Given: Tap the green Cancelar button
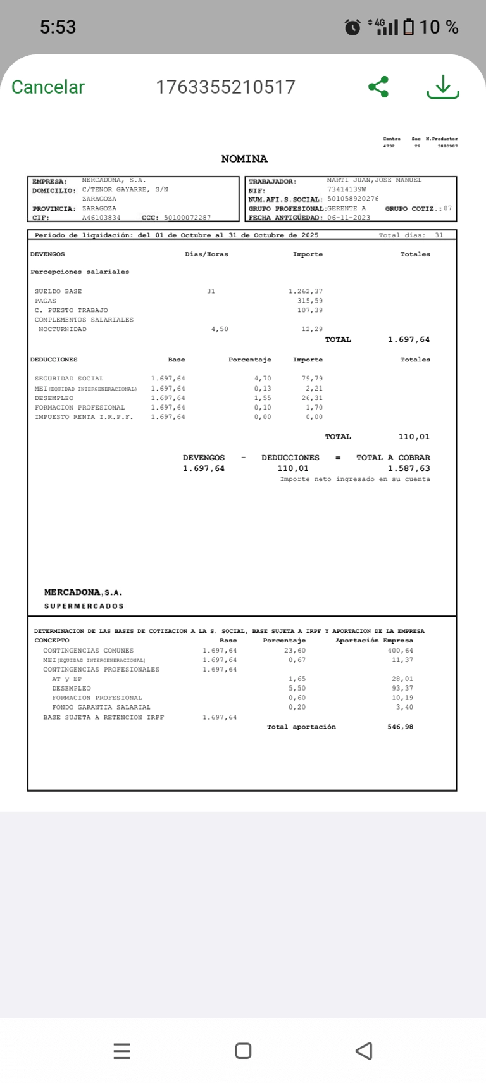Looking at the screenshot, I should [x=48, y=87].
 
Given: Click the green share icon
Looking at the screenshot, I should [x=378, y=87].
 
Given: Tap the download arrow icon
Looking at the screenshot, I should [x=443, y=87].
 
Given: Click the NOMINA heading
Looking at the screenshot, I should [x=244, y=159].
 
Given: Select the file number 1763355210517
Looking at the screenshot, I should [x=225, y=87].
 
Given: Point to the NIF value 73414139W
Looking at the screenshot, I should [x=347, y=189].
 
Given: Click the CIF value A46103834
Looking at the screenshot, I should [x=101, y=218].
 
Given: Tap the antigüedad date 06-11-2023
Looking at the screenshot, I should [x=349, y=218].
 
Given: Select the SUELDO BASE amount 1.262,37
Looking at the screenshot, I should [x=306, y=291].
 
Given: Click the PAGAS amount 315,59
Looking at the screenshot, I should [x=310, y=301].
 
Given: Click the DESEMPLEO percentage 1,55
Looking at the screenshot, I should [x=263, y=398].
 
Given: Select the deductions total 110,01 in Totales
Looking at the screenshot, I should [x=414, y=437].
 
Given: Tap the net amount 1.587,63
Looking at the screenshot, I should [x=409, y=468].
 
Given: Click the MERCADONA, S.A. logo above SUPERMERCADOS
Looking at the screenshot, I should [x=83, y=592].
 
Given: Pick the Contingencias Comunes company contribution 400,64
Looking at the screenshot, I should [x=401, y=650].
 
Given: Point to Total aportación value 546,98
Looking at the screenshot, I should [x=400, y=727].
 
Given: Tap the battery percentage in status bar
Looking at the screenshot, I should [x=439, y=27].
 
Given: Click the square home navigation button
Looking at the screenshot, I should [x=243, y=1051].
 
